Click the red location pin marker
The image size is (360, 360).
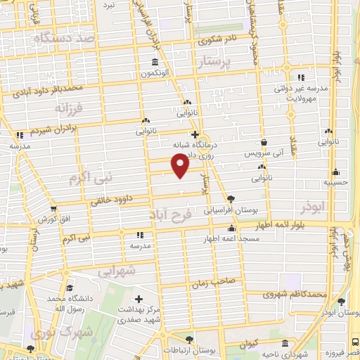[181, 165]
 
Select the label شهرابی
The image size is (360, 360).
[115, 270]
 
